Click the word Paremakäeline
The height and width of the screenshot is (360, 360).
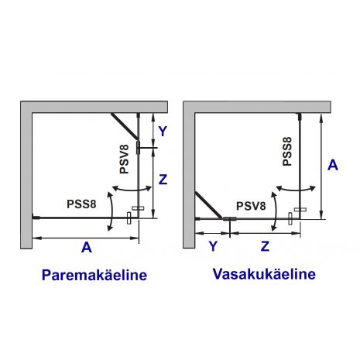click(94, 275)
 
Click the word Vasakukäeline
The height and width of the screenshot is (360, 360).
click(264, 273)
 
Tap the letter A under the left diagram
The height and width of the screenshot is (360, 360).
click(87, 247)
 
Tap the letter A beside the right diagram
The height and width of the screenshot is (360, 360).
click(333, 165)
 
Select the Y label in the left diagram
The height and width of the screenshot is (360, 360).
click(163, 131)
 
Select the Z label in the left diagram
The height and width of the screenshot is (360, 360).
click(163, 180)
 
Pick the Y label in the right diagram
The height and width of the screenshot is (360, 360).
click(213, 246)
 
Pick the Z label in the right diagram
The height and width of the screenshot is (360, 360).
click(265, 246)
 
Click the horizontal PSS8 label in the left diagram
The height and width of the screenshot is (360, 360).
click(81, 204)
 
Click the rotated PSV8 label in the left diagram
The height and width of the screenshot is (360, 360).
click(125, 159)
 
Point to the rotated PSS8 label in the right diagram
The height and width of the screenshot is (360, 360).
click(287, 152)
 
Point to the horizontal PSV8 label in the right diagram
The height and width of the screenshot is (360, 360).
click(251, 206)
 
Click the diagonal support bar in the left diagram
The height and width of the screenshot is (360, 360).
click(125, 126)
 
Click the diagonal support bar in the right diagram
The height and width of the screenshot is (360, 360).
click(208, 205)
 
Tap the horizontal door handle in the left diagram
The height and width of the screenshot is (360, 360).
click(138, 208)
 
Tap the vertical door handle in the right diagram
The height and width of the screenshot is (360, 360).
click(290, 219)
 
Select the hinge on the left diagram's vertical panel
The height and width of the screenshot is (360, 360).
click(139, 148)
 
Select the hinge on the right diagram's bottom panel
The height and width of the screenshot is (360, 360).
click(230, 219)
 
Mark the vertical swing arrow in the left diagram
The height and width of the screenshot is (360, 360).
click(112, 211)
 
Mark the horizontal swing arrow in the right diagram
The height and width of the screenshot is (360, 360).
click(296, 190)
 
